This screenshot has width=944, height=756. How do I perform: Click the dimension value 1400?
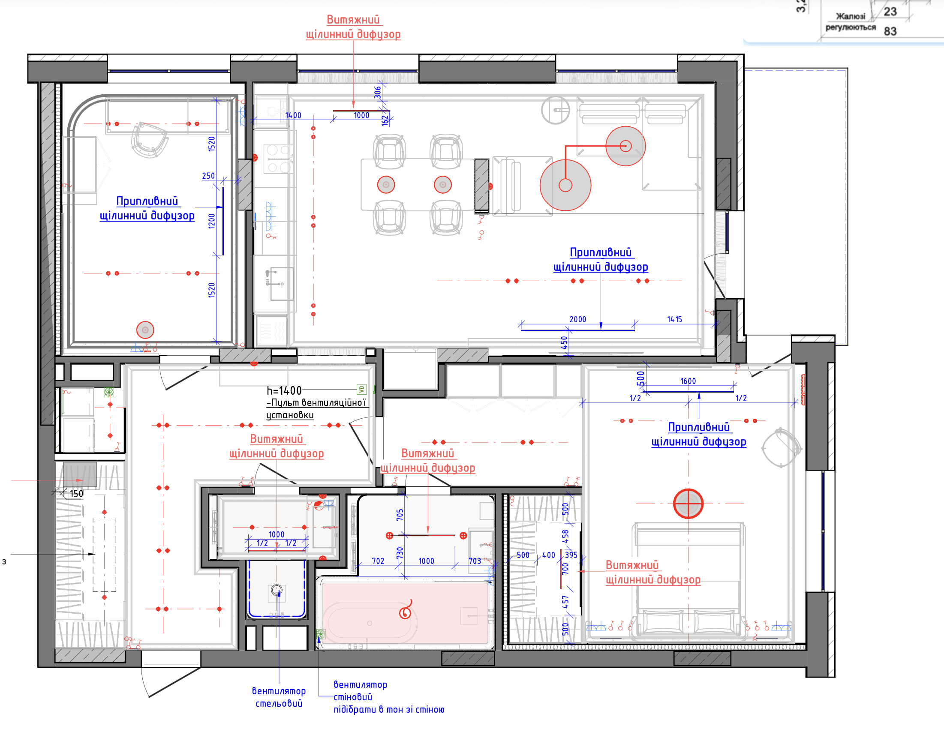(293, 116)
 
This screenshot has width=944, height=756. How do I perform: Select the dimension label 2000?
(577, 320)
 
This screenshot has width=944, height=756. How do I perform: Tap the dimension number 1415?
(674, 320)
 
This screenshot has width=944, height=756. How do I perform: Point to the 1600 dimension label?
(688, 381)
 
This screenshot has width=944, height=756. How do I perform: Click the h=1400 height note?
(284, 390)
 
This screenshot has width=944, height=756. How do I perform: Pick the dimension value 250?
(208, 176)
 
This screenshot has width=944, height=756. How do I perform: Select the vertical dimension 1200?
(212, 221)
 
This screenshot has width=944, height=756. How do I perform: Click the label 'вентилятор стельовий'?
(279, 697)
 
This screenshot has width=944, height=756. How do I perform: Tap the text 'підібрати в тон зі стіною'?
(389, 710)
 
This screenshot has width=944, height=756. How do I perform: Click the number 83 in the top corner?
(890, 31)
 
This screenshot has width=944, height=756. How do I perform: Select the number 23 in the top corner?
(890, 12)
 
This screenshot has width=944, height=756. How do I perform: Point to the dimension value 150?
(76, 494)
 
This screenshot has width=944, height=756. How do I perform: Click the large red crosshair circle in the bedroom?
(688, 504)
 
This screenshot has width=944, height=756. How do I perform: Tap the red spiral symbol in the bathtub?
(406, 609)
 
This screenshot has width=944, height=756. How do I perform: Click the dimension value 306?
(377, 93)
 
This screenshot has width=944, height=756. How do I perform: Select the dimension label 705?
(400, 515)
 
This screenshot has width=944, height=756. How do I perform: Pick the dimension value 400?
(548, 555)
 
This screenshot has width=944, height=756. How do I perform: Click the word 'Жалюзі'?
(851, 17)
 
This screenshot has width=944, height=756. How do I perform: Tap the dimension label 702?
(378, 561)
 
